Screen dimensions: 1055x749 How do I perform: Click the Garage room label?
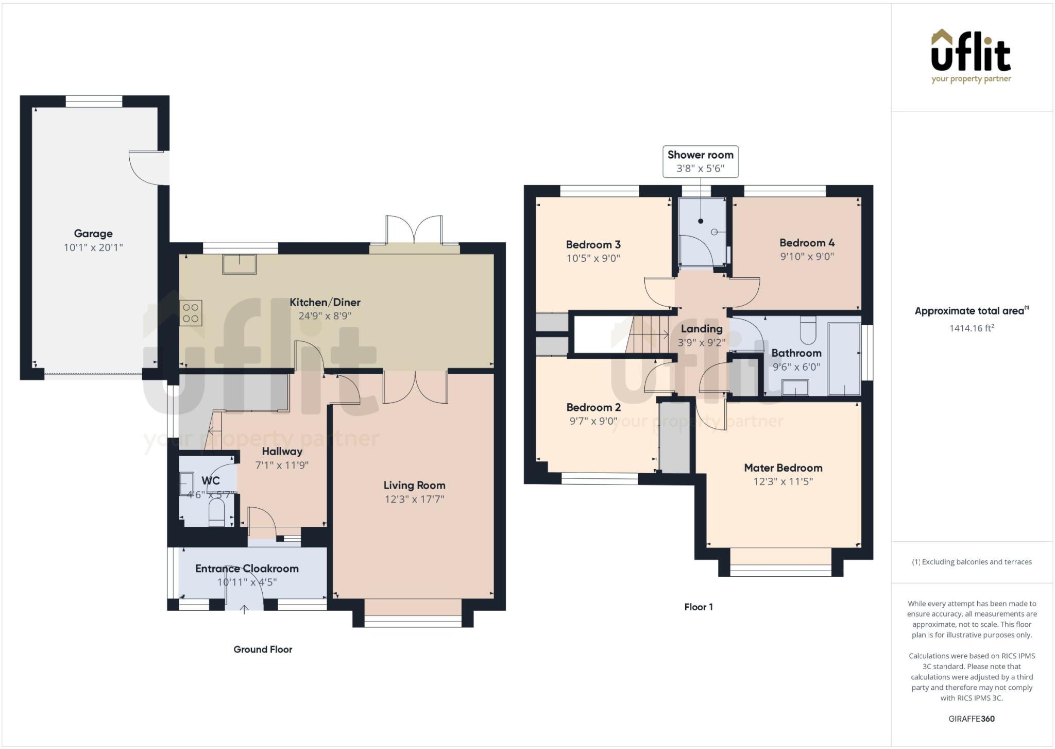point(93,234)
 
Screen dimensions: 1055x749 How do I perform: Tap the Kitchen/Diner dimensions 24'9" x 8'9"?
point(325,315)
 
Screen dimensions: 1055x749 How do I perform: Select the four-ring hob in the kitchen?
point(191,313)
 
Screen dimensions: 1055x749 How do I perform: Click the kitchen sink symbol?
point(240,264)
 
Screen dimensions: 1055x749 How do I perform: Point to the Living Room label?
point(414,485)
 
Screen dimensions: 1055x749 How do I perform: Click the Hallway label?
point(282,452)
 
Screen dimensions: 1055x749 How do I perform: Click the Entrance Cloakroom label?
point(247,569)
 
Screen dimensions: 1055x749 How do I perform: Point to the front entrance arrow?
point(245,610)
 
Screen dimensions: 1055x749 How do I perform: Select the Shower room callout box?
point(701,162)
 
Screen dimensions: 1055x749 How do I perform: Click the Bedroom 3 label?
point(593,245)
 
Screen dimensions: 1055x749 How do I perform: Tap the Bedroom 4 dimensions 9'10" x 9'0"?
point(807,257)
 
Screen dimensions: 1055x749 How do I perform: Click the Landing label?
point(702,329)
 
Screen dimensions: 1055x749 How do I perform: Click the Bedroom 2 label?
point(593,407)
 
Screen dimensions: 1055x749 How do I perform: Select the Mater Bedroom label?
point(783,468)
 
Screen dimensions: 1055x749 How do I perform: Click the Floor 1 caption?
point(699,607)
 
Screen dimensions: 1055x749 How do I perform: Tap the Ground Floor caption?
point(263,650)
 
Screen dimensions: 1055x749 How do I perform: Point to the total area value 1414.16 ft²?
point(972,328)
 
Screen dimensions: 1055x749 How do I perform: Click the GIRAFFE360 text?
point(972,719)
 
